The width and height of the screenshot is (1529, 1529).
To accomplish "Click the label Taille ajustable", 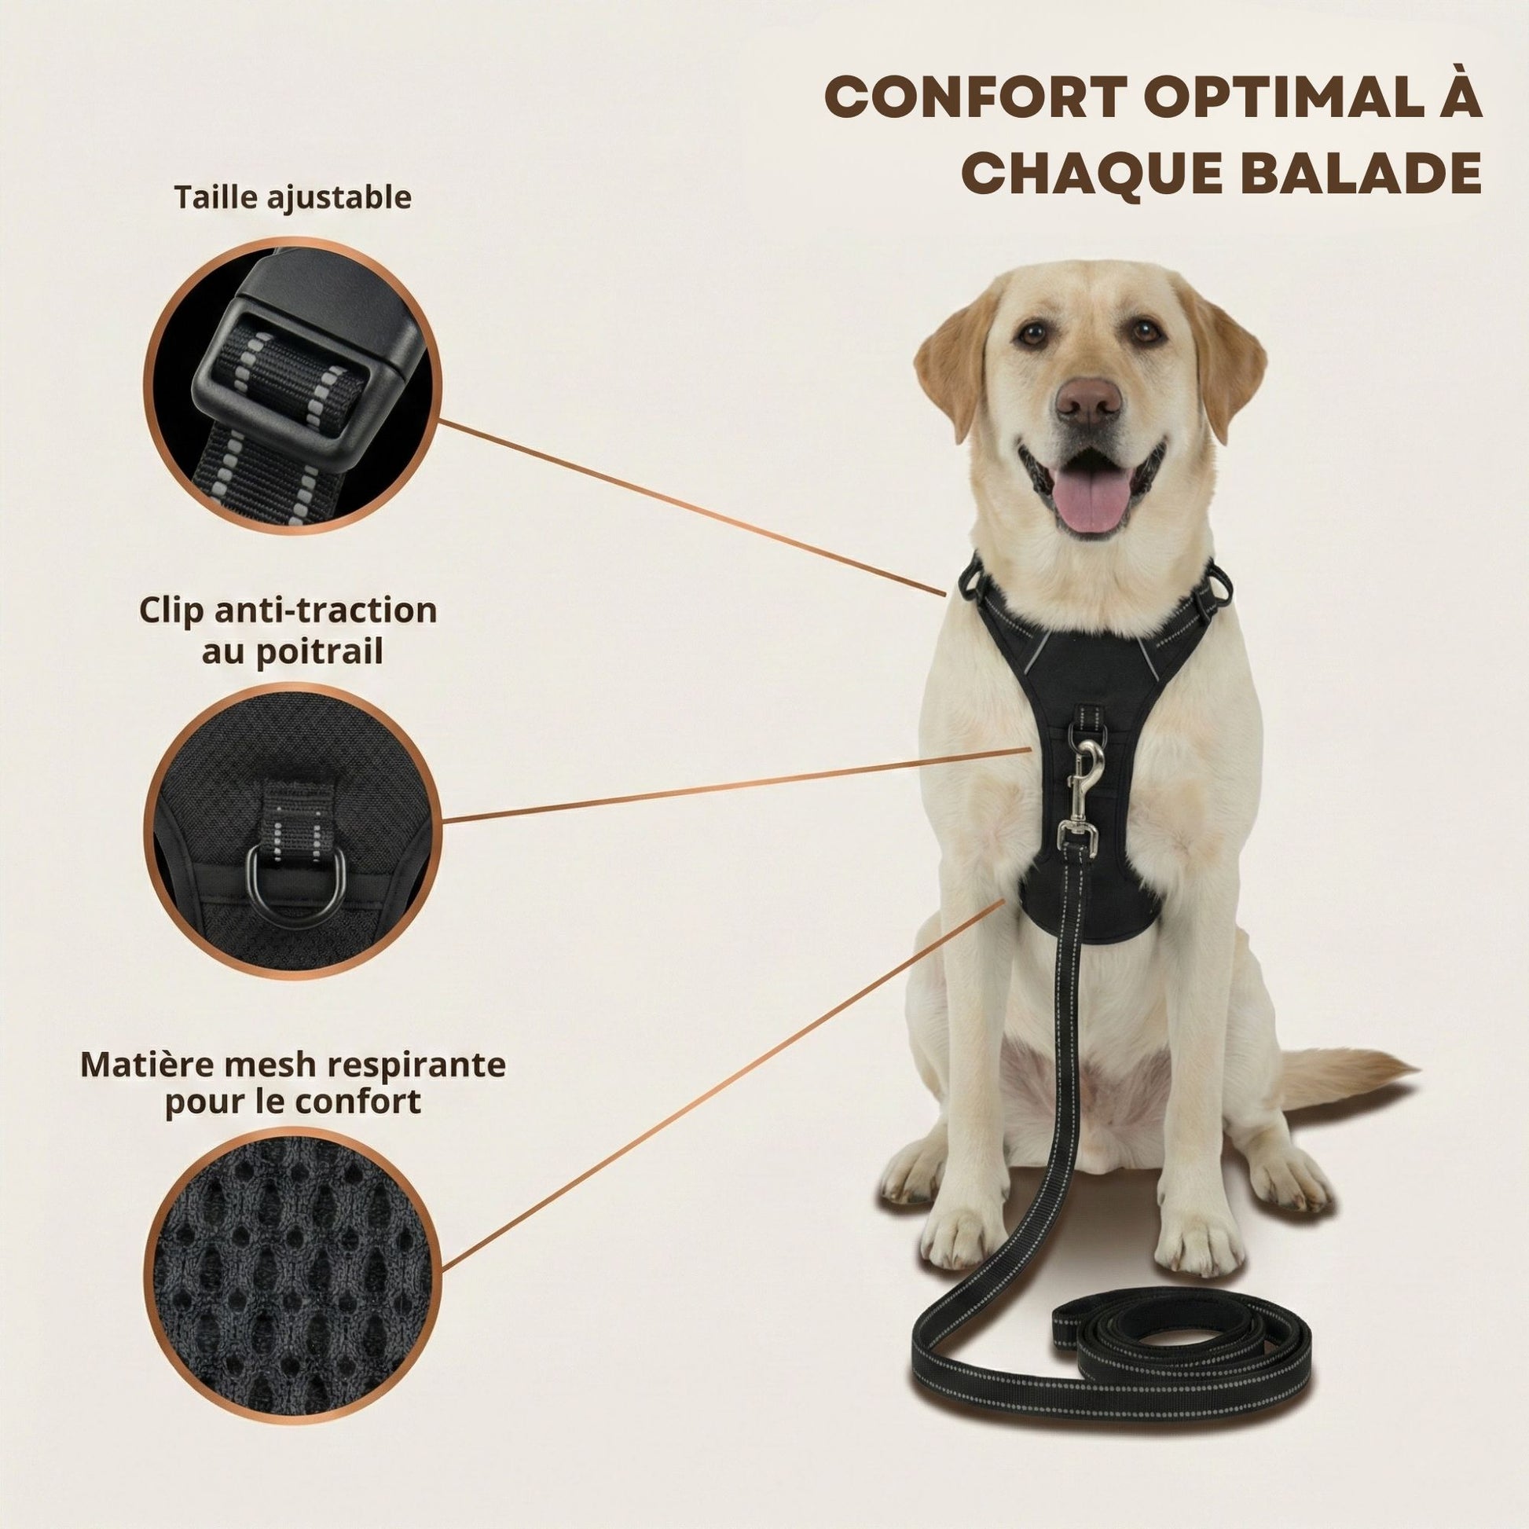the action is point(293,198).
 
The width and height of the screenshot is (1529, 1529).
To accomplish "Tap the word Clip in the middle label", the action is point(173,612).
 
